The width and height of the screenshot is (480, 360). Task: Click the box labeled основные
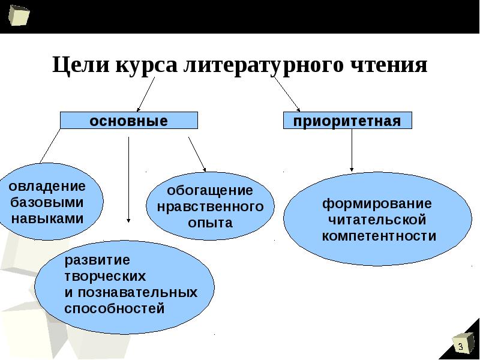(128, 121)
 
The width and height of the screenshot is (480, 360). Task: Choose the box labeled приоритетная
(347, 121)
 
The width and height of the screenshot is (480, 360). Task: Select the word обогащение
(209, 190)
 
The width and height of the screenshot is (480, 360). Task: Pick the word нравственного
(210, 206)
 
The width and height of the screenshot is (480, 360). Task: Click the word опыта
(209, 223)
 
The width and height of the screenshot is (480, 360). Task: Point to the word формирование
(377, 203)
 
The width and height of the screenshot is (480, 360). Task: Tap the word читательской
(377, 219)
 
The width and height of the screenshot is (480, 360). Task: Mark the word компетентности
(379, 235)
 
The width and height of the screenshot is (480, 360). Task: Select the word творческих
(105, 277)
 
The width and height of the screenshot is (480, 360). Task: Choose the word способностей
(114, 309)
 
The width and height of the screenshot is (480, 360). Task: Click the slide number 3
(461, 347)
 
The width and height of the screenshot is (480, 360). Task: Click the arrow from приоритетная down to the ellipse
(352, 150)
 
